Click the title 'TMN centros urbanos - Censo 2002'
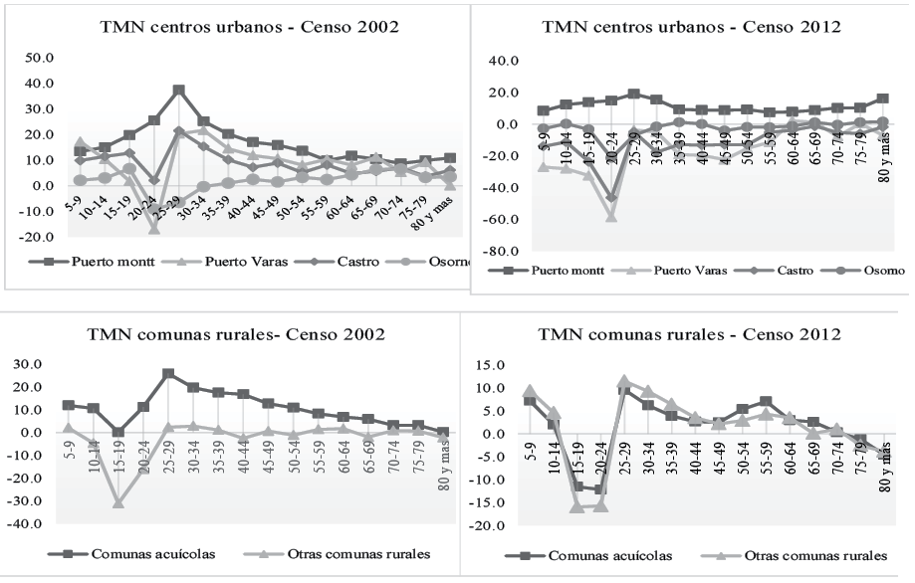click(x=250, y=27)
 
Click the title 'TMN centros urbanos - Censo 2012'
click(x=689, y=27)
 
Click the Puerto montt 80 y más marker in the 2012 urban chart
click(x=883, y=99)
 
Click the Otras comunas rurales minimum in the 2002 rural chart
click(x=117, y=503)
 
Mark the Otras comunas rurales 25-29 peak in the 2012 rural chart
click(x=624, y=381)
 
